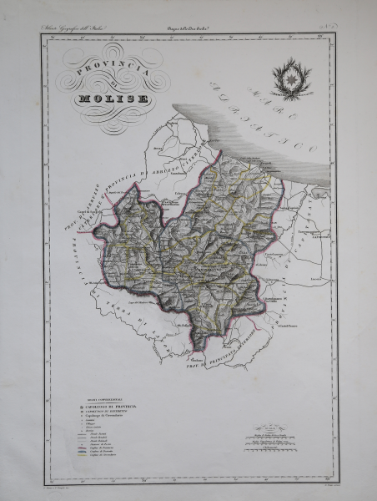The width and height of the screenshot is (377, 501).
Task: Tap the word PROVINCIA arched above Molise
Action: click(112, 73)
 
